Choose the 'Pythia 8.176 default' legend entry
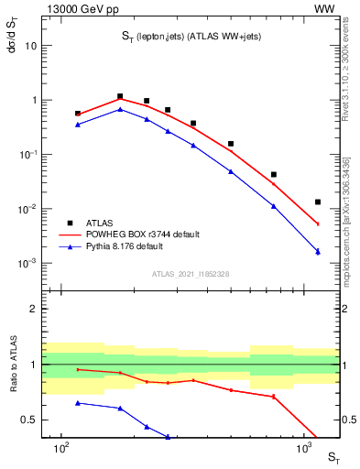coord(125,246)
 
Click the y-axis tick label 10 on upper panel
coord(30,46)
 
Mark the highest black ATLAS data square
coord(120,96)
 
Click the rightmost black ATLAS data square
coord(318,202)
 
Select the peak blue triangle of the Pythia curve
coord(120,110)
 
